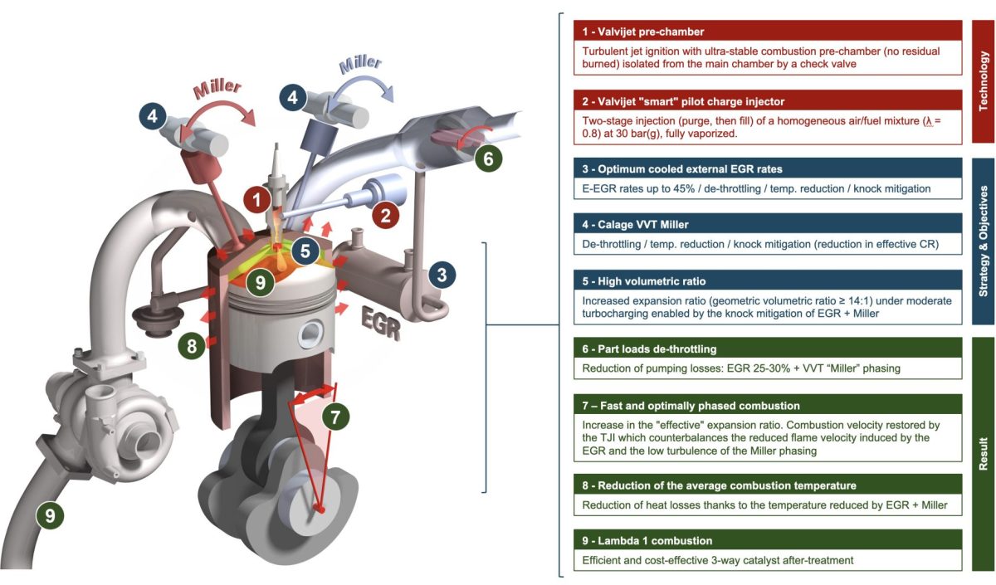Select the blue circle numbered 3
pyautogui.click(x=442, y=275)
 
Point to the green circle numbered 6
pyautogui.click(x=488, y=158)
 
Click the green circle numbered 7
pyautogui.click(x=334, y=417)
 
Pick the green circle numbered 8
pyautogui.click(x=192, y=346)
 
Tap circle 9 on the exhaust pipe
pyautogui.click(x=50, y=516)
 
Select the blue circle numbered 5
pyautogui.click(x=305, y=251)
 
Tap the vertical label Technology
pyautogui.click(x=984, y=81)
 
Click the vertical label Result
pyautogui.click(x=984, y=455)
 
